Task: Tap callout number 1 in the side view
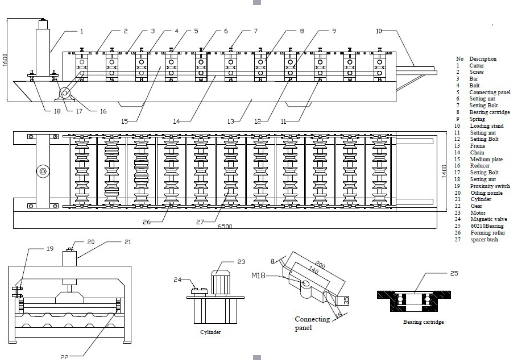coord(81,32)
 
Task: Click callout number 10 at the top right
coord(380,32)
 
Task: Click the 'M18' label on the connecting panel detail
coord(256,273)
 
